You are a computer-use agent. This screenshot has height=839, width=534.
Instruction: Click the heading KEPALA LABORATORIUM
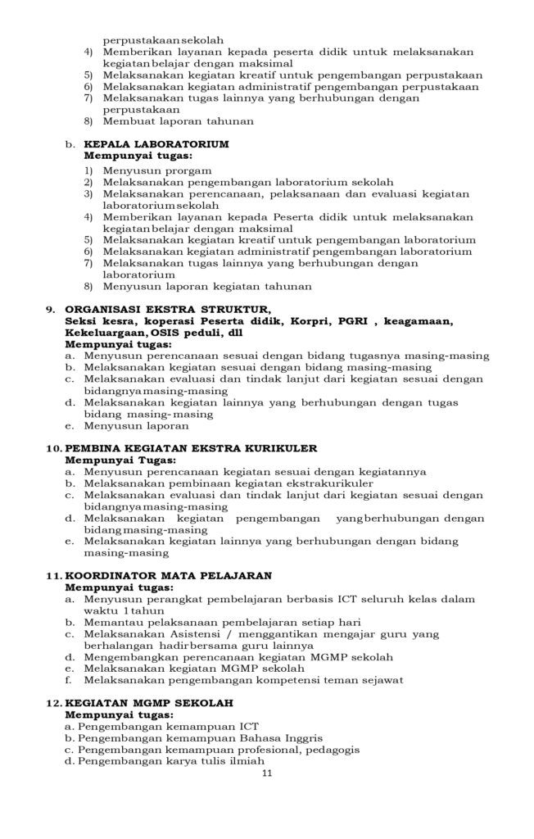pyautogui.click(x=156, y=143)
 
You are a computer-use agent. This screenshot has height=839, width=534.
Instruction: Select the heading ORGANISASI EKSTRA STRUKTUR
pyautogui.click(x=167, y=309)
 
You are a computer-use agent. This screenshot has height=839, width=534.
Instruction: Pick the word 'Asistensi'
pyautogui.click(x=197, y=634)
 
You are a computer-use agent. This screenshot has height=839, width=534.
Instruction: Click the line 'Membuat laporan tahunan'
pyautogui.click(x=179, y=120)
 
